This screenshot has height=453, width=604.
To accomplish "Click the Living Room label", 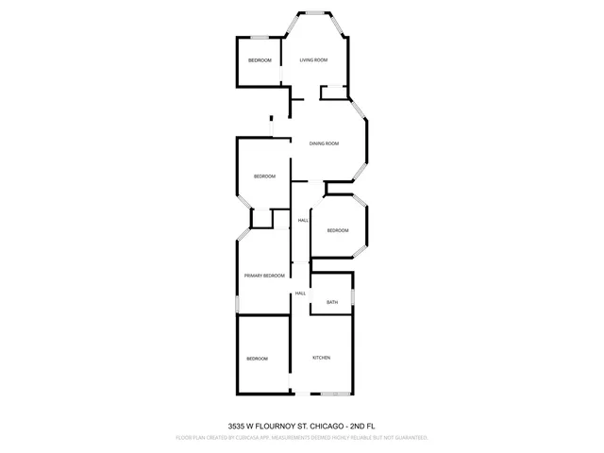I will click(x=313, y=60).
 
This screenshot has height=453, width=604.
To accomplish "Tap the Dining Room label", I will click(x=324, y=143).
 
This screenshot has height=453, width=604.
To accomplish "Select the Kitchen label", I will click(x=321, y=358).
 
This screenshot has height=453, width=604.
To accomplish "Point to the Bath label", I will click(x=332, y=302).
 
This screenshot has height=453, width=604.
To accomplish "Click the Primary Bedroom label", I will click(x=264, y=275).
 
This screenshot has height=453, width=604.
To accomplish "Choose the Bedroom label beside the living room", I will click(x=260, y=60).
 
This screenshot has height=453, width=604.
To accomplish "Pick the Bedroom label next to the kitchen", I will click(x=258, y=359).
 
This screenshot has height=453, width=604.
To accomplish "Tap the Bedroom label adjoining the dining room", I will click(x=264, y=176).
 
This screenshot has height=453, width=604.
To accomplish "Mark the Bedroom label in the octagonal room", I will click(x=338, y=231).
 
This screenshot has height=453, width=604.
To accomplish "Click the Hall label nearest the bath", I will click(x=300, y=294).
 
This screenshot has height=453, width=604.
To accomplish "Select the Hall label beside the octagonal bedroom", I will click(x=303, y=221).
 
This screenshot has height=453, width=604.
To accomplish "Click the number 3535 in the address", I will click(x=240, y=426).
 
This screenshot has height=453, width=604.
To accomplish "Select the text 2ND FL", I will click(x=363, y=426).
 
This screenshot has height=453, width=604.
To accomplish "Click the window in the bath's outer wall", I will click(x=353, y=297).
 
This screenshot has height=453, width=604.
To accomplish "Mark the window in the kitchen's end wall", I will click(x=333, y=394).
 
